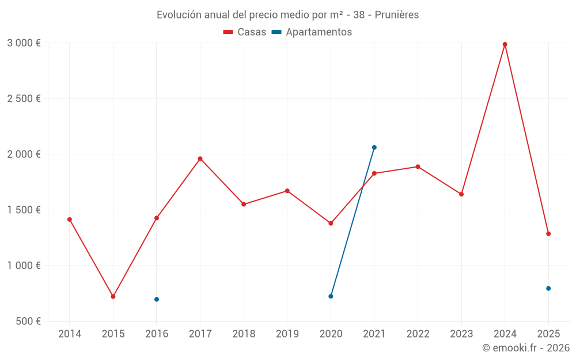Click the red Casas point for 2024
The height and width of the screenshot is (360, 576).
pos(505,44)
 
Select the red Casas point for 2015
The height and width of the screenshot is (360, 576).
pos(113,297)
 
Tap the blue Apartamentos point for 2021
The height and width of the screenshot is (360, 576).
pos(374,147)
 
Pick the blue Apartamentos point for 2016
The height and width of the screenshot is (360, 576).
pos(157,300)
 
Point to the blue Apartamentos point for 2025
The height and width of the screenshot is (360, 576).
pos(548,289)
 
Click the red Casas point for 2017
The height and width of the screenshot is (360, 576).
pos(200,158)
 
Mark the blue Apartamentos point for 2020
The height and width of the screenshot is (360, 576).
pos(331,296)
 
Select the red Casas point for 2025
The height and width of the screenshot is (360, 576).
pos(548,234)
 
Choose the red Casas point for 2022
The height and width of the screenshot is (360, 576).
pos(418,166)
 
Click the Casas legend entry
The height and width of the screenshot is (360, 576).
pos(245,32)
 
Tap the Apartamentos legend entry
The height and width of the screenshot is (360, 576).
pos(311,32)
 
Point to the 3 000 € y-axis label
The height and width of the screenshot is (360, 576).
pos(24,43)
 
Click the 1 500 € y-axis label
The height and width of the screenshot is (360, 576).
pos(24,210)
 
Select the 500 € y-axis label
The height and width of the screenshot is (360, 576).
pos(27,321)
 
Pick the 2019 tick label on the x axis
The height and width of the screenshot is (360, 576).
pos(287,334)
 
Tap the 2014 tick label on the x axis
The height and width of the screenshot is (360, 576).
pos(70,334)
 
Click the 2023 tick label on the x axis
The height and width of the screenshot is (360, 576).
pos(461,334)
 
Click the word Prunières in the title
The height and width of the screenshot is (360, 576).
pos(397,14)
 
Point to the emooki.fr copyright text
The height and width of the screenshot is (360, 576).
pos(526,348)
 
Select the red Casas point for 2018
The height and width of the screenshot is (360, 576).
pos(244,204)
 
